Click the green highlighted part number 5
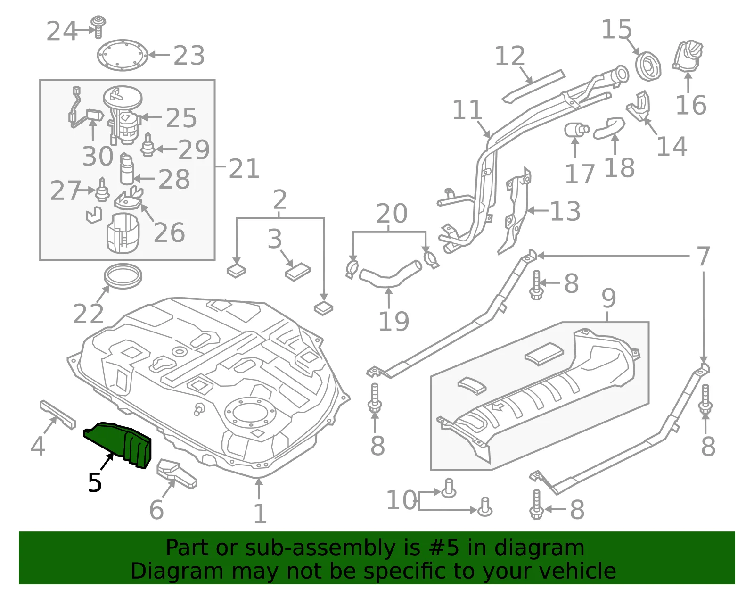118,445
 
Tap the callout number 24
61,31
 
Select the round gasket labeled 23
122,55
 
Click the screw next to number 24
98,26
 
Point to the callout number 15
616,29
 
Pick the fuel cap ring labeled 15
648,66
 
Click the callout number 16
691,105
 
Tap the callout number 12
510,56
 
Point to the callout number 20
392,213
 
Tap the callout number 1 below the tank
260,513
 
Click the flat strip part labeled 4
57,415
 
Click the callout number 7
703,256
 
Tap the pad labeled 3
298,272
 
